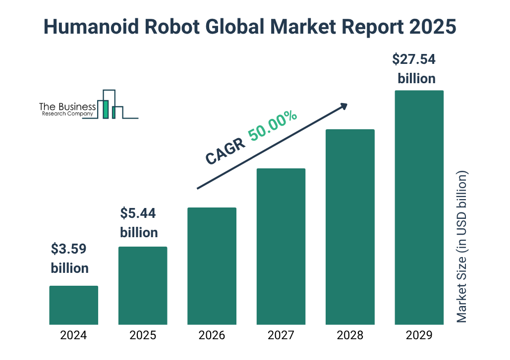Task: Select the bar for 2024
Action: [74, 305]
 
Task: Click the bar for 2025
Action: [143, 286]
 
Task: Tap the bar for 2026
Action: [212, 266]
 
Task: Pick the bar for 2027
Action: [281, 247]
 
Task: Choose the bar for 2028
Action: [350, 227]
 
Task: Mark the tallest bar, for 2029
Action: [419, 207]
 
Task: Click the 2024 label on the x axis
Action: [74, 335]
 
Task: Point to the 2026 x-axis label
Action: [212, 335]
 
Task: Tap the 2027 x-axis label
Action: [281, 335]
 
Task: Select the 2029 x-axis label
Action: [419, 335]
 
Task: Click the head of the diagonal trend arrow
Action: [343, 106]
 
